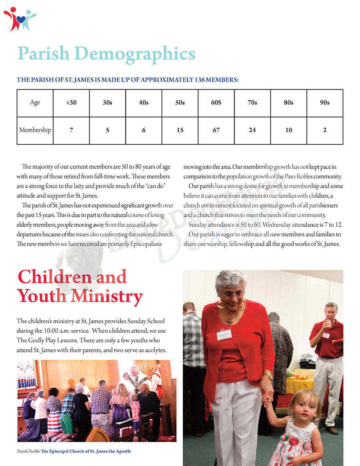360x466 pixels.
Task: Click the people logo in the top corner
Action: coord(19,18)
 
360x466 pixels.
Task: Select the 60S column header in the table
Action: coord(216,103)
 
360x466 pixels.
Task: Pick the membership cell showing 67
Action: coord(216,130)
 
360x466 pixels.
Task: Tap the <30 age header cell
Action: coord(71,103)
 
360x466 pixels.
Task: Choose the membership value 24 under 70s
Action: coord(252,130)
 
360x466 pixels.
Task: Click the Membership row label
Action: coord(35,130)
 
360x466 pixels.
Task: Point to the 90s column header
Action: coord(324,103)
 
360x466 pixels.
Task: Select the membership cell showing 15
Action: coord(180,130)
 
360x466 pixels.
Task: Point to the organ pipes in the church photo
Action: coord(26,374)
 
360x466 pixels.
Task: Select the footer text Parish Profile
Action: coord(28,452)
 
